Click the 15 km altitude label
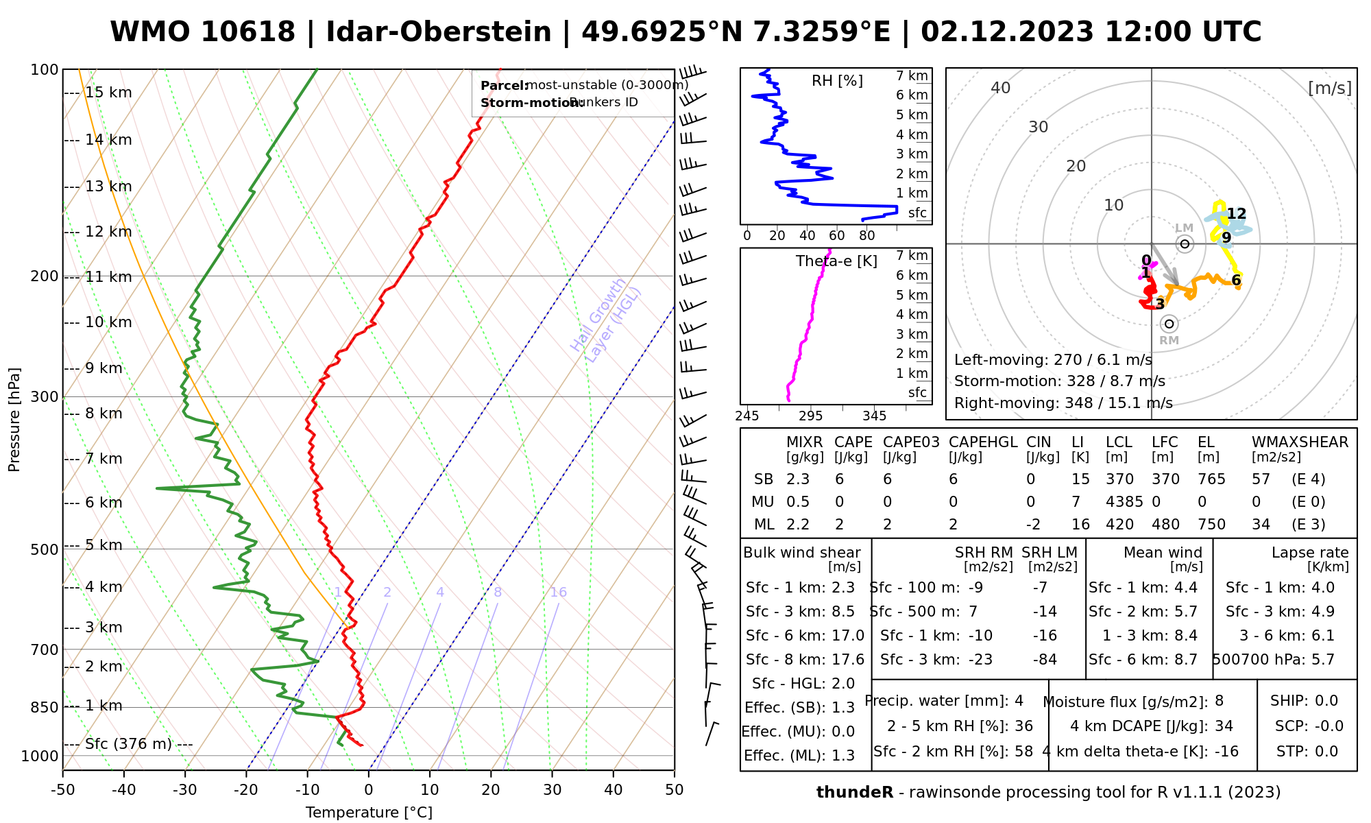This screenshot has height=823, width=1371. [x=108, y=93]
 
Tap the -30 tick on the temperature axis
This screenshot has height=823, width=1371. [x=185, y=790]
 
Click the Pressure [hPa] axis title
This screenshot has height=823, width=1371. [x=14, y=420]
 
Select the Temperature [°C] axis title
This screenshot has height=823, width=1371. [x=369, y=813]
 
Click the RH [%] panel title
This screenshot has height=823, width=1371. [x=837, y=81]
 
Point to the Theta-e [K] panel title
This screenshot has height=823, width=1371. [x=836, y=261]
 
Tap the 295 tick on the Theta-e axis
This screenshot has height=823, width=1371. [x=811, y=416]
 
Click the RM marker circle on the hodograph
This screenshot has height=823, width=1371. [x=1169, y=324]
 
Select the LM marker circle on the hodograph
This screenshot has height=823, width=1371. [x=1185, y=243]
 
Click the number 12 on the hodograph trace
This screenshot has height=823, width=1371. [x=1237, y=214]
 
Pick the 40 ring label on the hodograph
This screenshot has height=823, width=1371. [x=1001, y=88]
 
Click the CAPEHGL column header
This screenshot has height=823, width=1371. [x=983, y=442]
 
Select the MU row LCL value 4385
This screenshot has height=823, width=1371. [x=1124, y=502]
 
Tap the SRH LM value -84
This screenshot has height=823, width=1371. [x=1045, y=660]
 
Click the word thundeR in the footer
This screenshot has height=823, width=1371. [x=855, y=793]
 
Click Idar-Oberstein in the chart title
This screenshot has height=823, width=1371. [x=439, y=32]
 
